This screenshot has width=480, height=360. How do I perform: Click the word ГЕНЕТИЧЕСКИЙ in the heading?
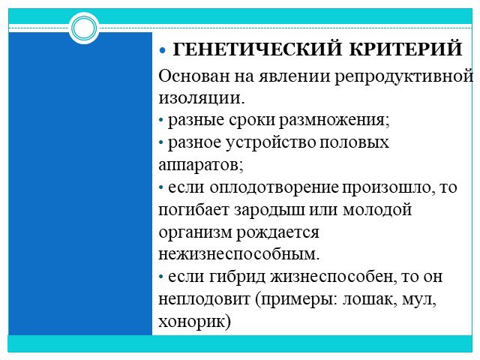click(257, 49)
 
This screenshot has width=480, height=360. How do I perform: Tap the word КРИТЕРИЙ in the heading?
click(406, 49)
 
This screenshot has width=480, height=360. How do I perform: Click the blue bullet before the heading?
click(162, 50)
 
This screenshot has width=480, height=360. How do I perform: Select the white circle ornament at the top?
click(84, 28)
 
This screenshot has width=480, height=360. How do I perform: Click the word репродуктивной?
click(403, 76)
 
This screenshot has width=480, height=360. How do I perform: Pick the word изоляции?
click(202, 98)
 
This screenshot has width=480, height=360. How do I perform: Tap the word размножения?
click(334, 120)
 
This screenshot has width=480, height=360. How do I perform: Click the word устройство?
click(271, 143)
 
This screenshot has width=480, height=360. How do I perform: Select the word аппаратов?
click(201, 166)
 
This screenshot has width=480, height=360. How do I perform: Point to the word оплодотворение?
click(274, 188)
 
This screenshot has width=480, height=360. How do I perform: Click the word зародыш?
click(270, 211)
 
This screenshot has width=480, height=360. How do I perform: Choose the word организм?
click(195, 233)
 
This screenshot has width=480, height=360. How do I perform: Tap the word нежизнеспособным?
click(239, 254)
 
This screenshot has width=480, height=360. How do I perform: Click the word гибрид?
click(238, 277)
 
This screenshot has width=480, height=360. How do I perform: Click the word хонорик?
click(195, 322)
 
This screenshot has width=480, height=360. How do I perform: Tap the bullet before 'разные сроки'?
click(161, 120)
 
